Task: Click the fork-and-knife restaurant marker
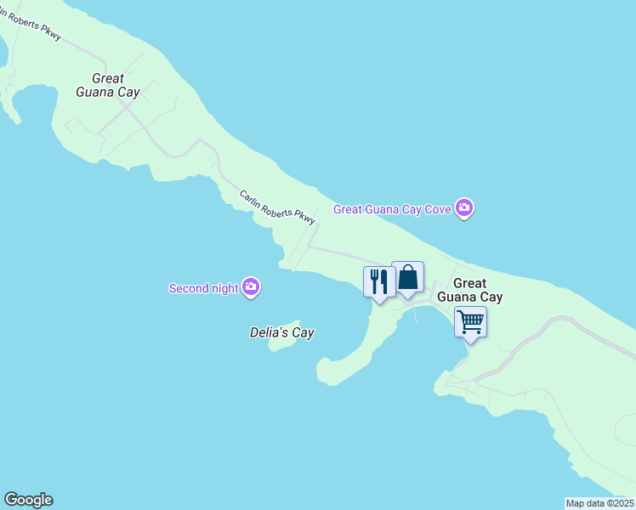379,280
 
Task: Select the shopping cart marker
470,322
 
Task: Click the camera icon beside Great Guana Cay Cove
463,207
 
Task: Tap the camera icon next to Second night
251,287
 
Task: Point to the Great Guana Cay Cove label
393,208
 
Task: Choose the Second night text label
204,288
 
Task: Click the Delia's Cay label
282,332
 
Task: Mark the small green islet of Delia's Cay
280,345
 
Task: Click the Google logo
28,500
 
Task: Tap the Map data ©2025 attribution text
599,503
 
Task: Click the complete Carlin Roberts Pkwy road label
277,207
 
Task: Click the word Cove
438,208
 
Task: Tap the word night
224,288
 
